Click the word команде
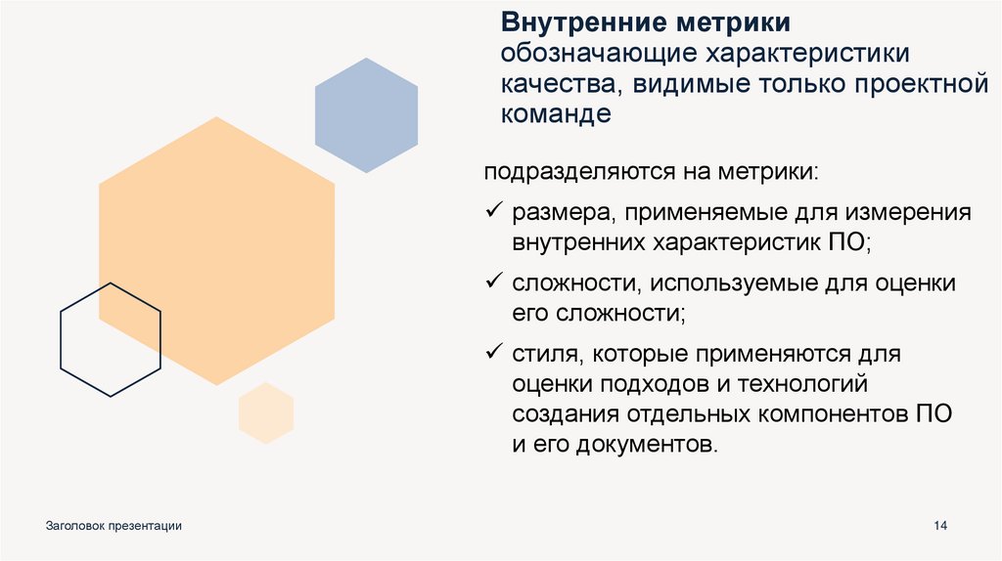556,113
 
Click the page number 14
941,527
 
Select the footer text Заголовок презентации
114,527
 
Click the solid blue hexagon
366,115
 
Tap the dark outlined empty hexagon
111,339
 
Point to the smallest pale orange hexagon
266,413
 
